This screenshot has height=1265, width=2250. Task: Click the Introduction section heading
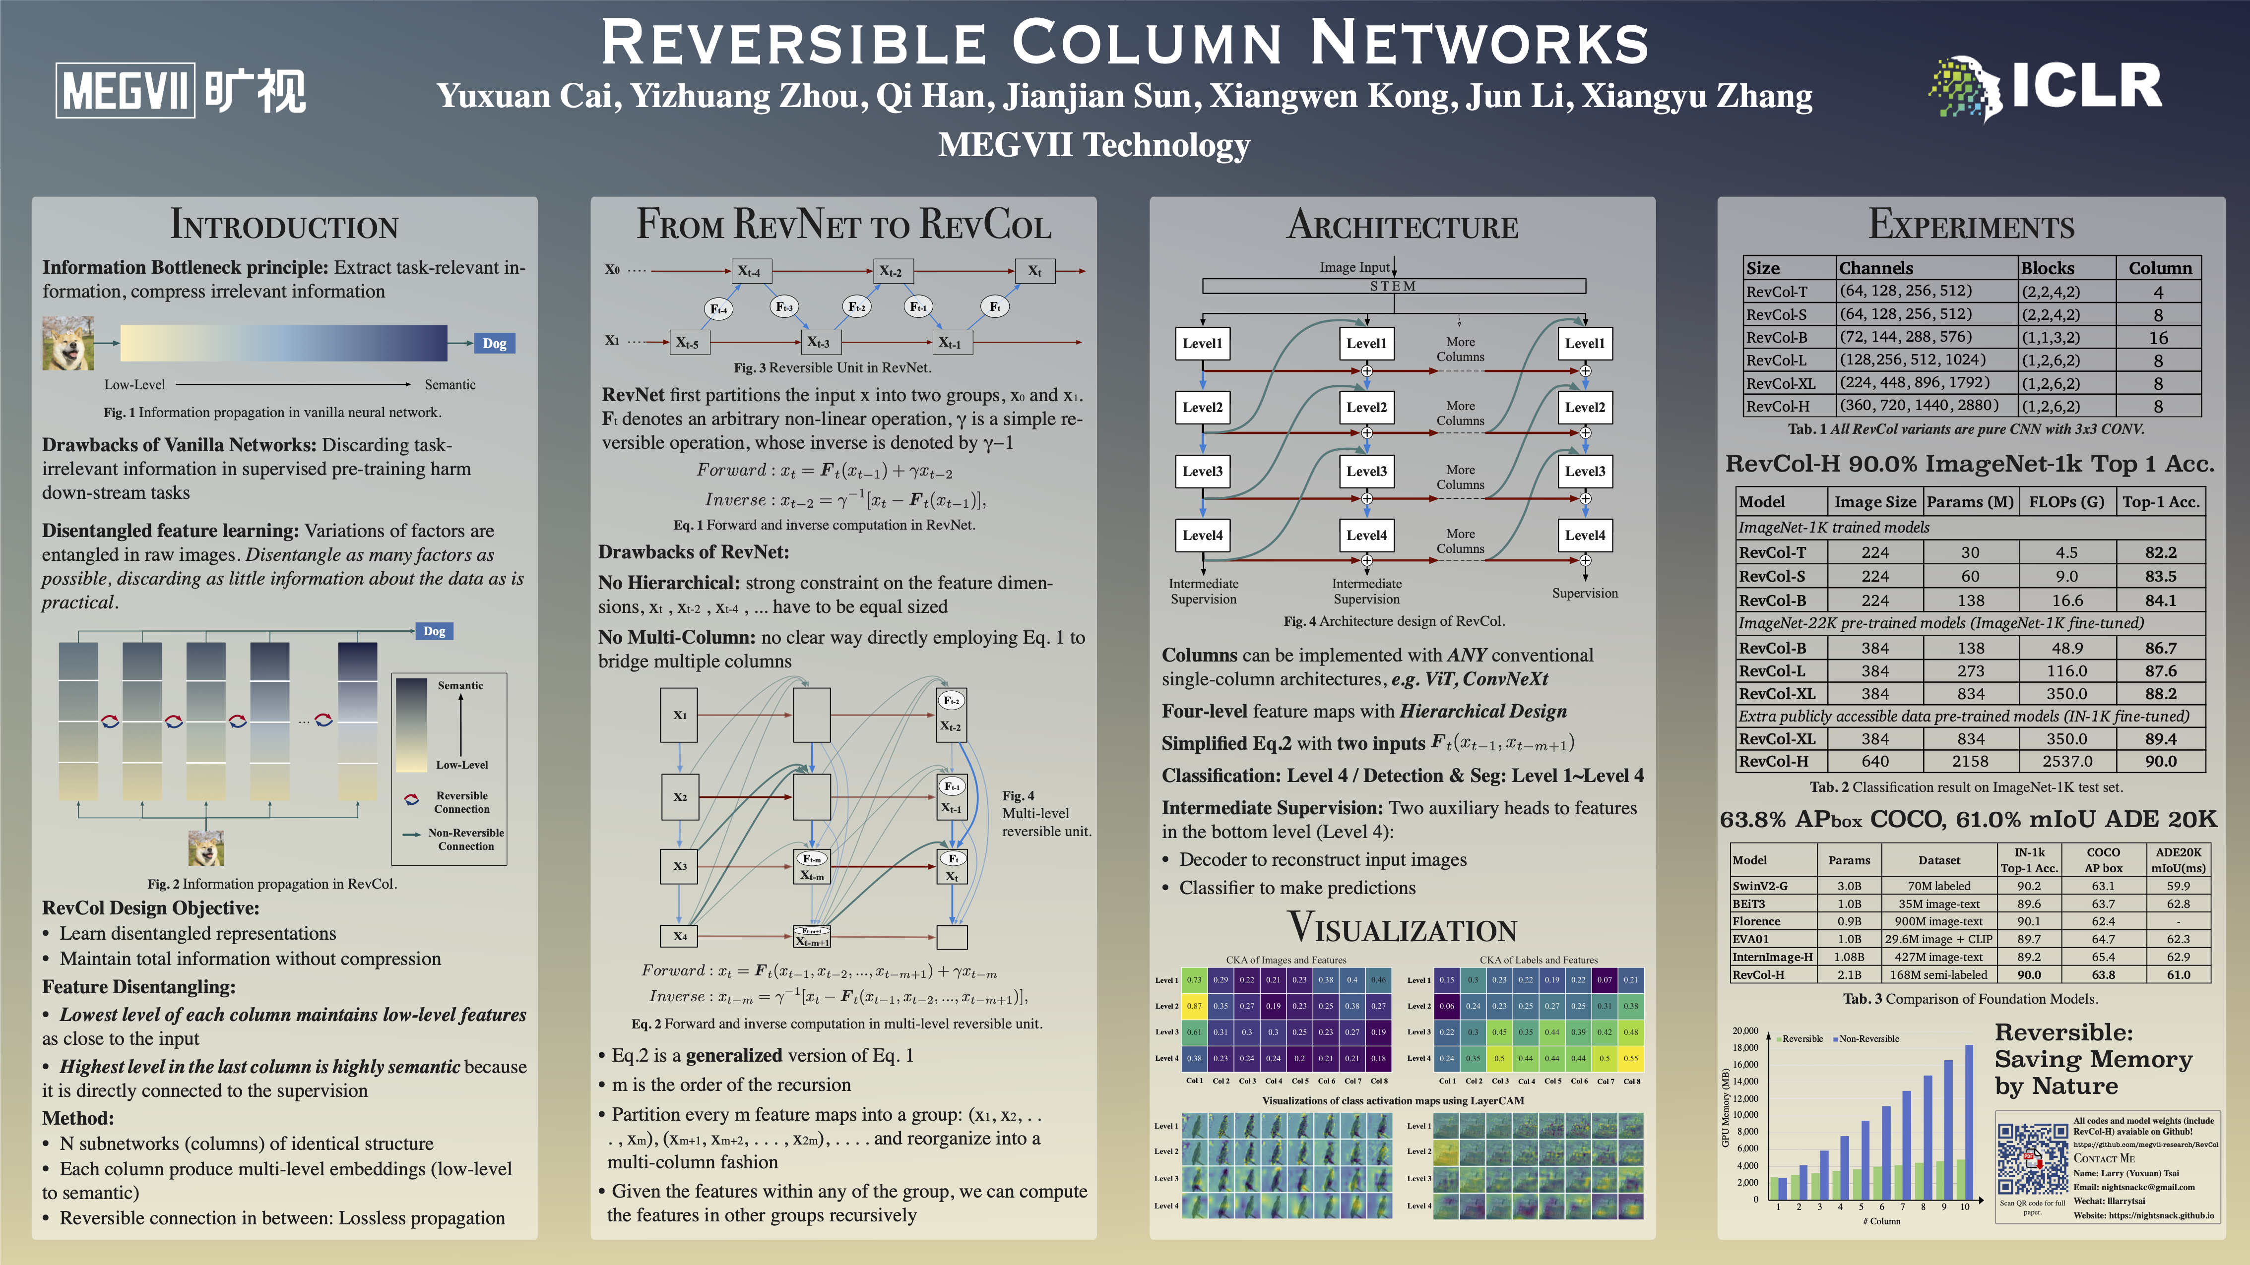click(x=284, y=225)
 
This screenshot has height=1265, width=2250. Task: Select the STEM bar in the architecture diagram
click(x=1393, y=286)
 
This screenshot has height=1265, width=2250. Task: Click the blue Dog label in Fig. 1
click(x=494, y=343)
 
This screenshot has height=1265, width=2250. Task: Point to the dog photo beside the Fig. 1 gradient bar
click(x=68, y=343)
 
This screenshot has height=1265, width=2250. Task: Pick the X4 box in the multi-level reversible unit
click(x=680, y=936)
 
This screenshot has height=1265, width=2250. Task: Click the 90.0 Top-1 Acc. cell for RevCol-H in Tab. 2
click(x=2160, y=761)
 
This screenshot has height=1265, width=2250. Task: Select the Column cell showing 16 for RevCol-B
click(x=2158, y=338)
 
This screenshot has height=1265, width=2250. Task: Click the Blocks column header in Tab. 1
click(x=2048, y=268)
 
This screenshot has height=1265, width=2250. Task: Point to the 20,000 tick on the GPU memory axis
click(x=1745, y=1031)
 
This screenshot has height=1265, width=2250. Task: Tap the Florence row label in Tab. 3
click(x=1756, y=921)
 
